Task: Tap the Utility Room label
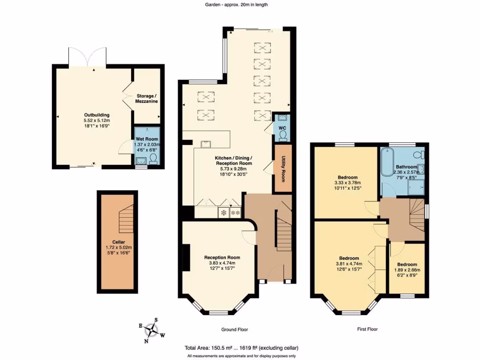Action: tap(283, 169)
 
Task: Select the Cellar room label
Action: tap(119, 242)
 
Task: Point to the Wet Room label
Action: tap(148, 139)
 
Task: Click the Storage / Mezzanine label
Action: tap(146, 98)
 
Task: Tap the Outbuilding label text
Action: tap(97, 115)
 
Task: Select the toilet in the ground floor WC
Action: tap(282, 135)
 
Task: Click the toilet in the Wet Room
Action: tap(153, 159)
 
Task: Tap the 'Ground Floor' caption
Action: tap(235, 330)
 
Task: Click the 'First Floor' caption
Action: tap(367, 330)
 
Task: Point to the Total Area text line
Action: tap(241, 348)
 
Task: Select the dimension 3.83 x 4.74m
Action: tap(222, 263)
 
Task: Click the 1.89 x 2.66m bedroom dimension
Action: tap(406, 270)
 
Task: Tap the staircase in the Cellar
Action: tap(125, 220)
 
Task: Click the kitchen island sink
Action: tap(206, 143)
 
